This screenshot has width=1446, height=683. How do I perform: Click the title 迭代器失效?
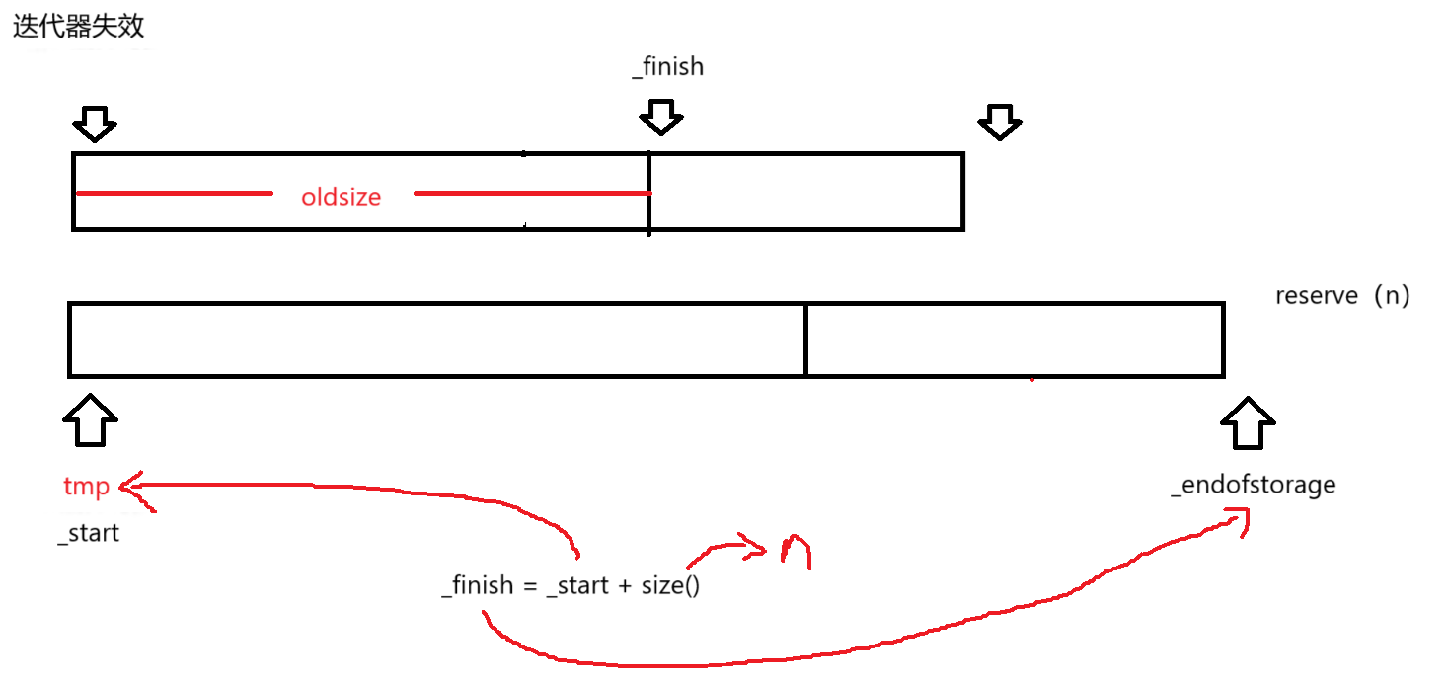78,27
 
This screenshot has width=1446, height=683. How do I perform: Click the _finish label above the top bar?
668,66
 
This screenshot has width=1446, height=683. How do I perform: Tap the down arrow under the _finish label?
660,117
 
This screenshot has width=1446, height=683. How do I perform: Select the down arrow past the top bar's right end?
999,121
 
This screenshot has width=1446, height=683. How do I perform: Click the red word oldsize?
342,197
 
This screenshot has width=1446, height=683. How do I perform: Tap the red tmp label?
86,487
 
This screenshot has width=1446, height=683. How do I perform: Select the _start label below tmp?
89,533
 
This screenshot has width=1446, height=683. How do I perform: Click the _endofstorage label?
1253,485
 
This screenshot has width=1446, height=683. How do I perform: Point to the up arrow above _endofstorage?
1248,422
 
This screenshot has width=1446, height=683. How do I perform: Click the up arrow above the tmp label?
90,419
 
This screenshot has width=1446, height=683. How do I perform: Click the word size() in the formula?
670,585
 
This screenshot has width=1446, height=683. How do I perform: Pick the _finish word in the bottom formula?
478,585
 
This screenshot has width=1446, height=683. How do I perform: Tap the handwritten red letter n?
795,551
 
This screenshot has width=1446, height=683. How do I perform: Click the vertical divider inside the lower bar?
805,340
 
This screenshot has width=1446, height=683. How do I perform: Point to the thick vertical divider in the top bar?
648,192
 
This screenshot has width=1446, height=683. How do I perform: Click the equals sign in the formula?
529,585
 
